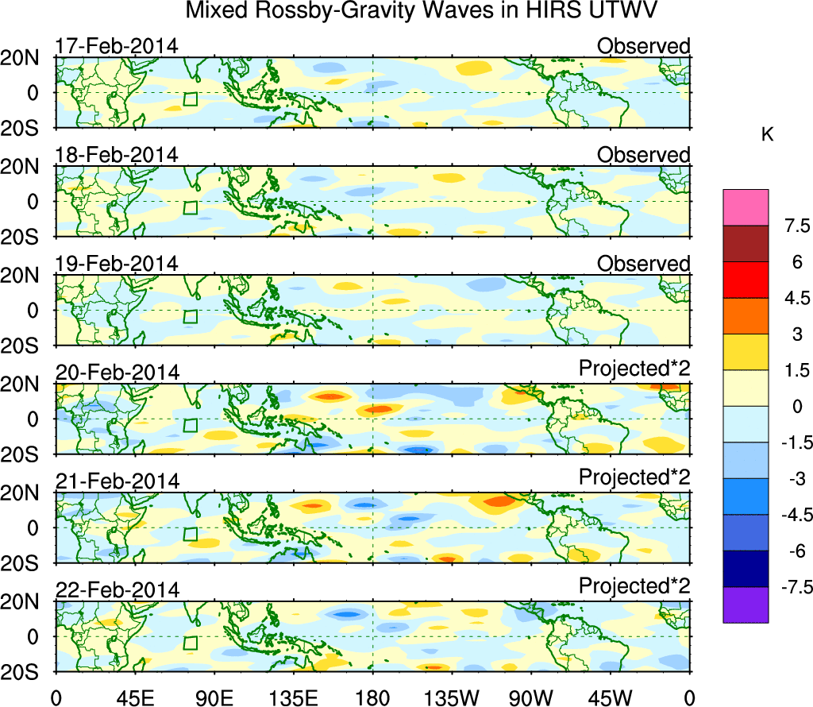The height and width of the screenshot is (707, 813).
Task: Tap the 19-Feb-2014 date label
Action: point(116,264)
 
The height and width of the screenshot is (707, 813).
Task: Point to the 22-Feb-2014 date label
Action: point(116,590)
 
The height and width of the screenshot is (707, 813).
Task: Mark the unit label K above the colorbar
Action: point(768,135)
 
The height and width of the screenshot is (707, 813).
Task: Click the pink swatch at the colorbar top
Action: point(746,207)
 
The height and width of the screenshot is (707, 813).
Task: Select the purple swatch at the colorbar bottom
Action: point(746,605)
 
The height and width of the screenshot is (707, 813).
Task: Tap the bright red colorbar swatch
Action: point(746,280)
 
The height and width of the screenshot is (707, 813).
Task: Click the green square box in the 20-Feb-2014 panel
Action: point(190,425)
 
